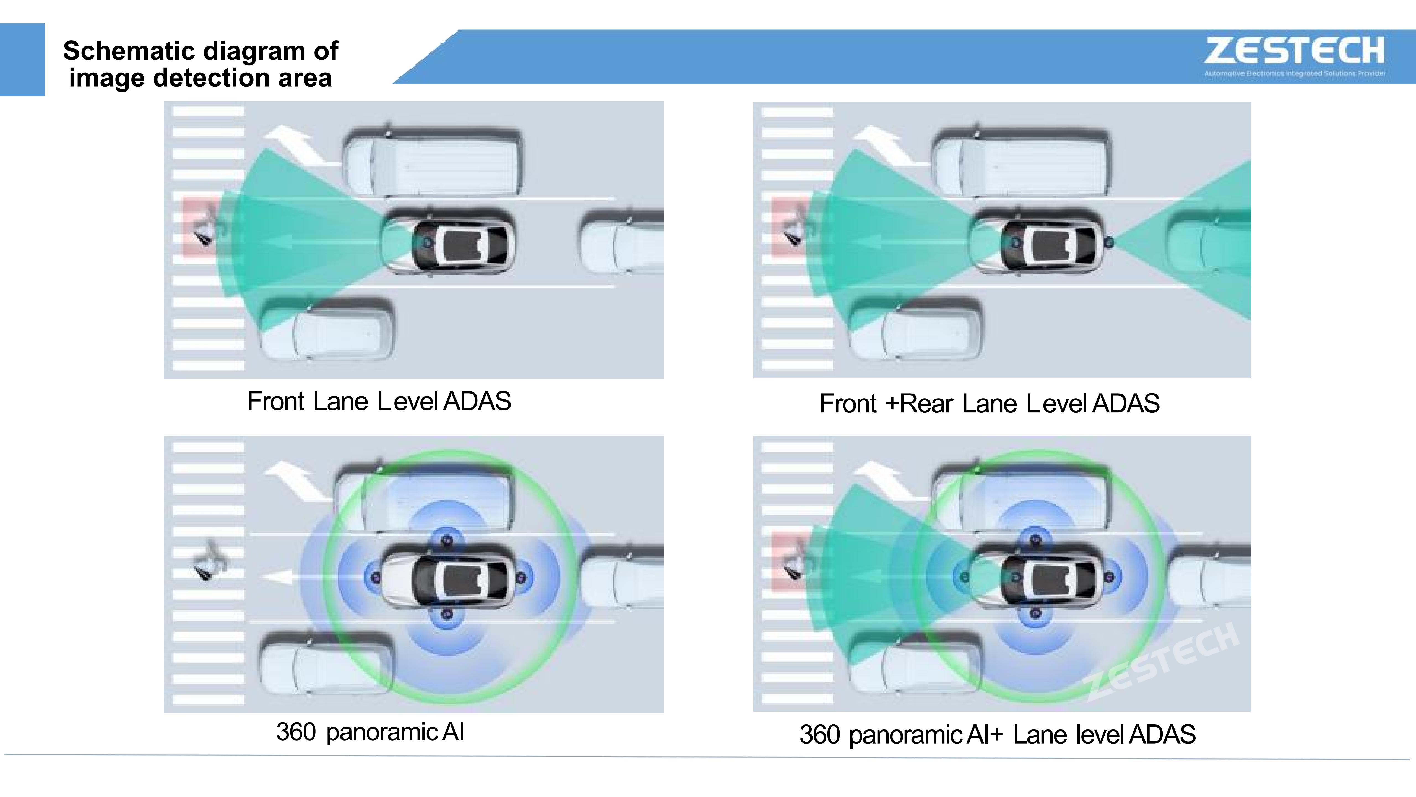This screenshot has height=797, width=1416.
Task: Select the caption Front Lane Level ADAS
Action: point(379,401)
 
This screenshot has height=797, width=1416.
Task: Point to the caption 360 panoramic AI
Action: point(370,732)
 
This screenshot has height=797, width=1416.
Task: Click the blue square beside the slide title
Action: point(22,59)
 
